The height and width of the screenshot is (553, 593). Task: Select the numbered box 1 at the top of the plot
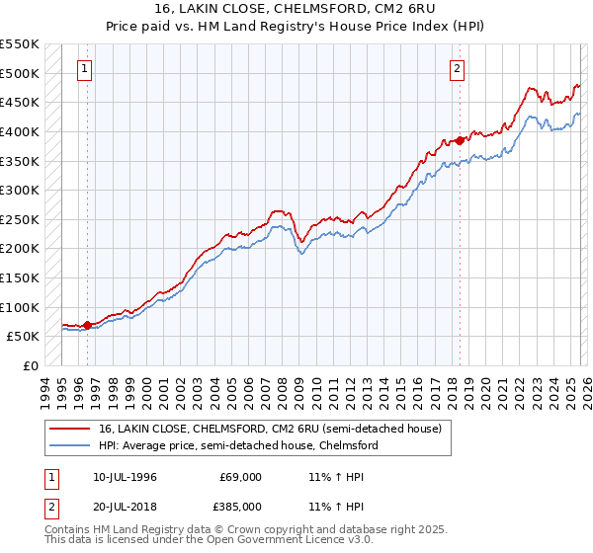86,69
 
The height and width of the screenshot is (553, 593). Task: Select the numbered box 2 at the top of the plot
459,69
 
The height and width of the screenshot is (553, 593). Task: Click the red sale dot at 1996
87,324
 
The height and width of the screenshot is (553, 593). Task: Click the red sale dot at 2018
461,140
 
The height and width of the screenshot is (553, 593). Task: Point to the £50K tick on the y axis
24,336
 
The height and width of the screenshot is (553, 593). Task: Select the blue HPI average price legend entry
237,445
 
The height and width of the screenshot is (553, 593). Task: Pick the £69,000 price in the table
241,477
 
